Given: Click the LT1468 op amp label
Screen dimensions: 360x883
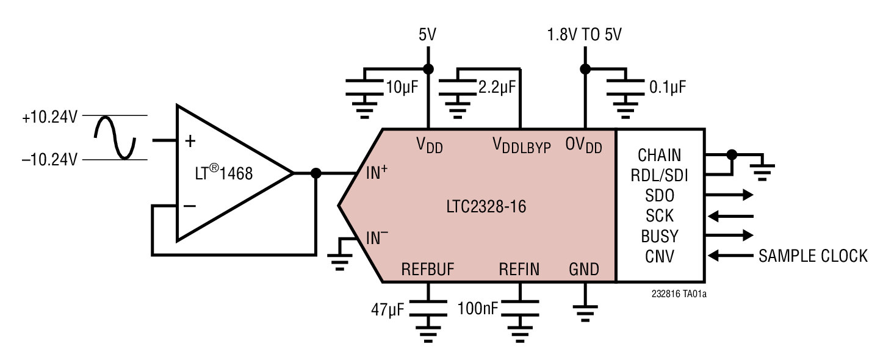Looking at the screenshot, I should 220,174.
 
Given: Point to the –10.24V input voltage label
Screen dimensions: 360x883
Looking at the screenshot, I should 49,160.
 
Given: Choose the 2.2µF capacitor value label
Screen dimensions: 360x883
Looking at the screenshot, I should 497,87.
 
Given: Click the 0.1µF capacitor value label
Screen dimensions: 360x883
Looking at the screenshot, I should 668,87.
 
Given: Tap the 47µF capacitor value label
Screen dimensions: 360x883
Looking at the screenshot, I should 387,309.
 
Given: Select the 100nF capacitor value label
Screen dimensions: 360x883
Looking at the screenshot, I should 477,309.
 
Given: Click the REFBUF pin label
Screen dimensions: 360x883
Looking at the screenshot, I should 428,269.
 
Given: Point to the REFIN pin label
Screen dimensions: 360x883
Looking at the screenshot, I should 519,269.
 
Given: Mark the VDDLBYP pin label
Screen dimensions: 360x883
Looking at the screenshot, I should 521,146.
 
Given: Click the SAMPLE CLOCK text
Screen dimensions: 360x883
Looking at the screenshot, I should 813,256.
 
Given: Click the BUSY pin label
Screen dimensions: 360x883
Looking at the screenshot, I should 660,236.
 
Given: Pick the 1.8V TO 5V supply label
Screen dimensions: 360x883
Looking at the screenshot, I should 585,35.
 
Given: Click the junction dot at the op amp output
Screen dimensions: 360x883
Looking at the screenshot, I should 315,173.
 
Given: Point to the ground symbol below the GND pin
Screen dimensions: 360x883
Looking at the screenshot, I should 585,315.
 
